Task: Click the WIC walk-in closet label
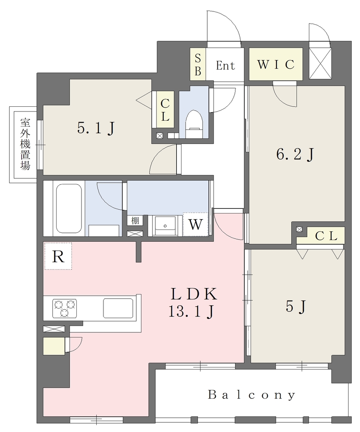[x=276, y=65]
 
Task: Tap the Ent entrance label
[x=225, y=65]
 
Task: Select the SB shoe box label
[x=198, y=64]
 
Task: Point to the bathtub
[x=69, y=208]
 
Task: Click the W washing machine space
[x=195, y=224]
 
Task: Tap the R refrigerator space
[x=58, y=256]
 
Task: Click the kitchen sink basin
[x=118, y=308]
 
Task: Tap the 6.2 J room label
[x=295, y=154]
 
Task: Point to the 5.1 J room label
[x=96, y=128]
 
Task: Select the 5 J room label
[x=296, y=306]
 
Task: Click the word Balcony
[x=252, y=395]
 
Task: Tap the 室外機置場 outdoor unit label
[x=25, y=144]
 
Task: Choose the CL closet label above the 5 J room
[x=326, y=236]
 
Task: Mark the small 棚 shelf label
[x=135, y=220]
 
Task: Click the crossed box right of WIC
[x=320, y=63]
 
